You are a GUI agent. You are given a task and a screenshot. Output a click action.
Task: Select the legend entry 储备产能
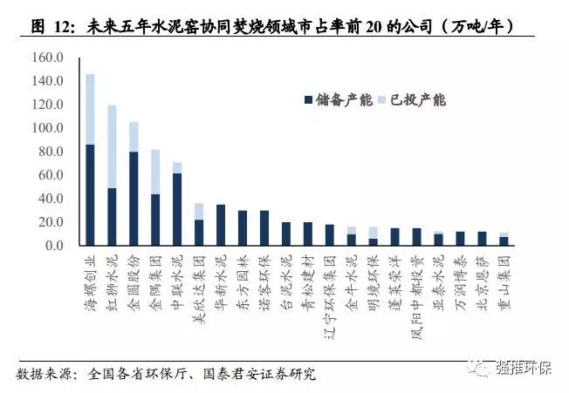tap(335, 100)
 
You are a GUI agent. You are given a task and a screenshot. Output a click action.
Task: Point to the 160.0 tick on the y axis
tap(48, 58)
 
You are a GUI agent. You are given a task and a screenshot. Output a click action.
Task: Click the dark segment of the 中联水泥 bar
tap(177, 209)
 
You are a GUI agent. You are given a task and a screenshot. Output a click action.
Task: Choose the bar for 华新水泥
tap(221, 225)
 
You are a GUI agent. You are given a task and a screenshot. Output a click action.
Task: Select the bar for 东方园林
tap(243, 227)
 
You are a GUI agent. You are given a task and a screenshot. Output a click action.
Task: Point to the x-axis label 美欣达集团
tap(199, 288)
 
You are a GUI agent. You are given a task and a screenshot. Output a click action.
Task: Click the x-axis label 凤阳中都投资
tap(416, 293)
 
